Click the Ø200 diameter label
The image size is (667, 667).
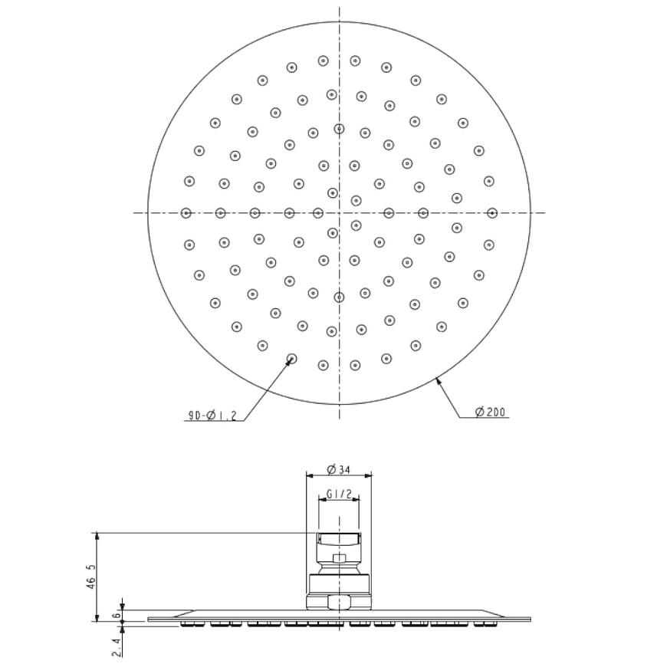pyautogui.click(x=491, y=412)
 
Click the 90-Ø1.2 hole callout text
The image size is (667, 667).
pyautogui.click(x=212, y=416)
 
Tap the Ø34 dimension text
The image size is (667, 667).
pyautogui.click(x=338, y=469)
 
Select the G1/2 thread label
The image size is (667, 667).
pyautogui.click(x=339, y=494)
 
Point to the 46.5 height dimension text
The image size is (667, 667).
pyautogui.click(x=91, y=576)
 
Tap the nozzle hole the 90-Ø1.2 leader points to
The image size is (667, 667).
pyautogui.click(x=291, y=359)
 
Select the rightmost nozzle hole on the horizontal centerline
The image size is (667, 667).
pyautogui.click(x=492, y=212)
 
